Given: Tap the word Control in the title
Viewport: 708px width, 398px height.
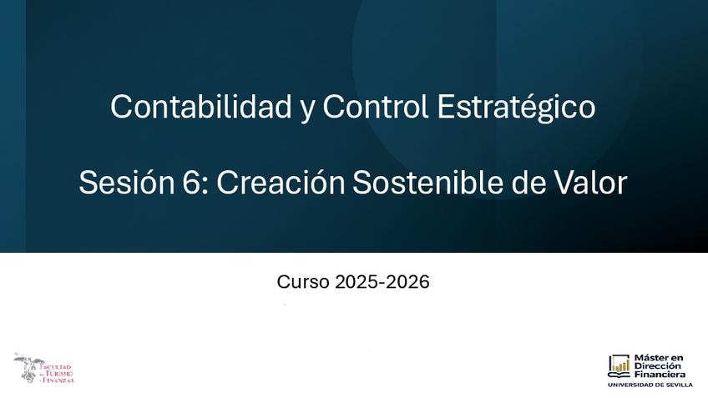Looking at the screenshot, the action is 375,107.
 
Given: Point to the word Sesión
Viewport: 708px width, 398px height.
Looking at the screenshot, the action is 126,182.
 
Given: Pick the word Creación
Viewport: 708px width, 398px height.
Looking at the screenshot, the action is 281,182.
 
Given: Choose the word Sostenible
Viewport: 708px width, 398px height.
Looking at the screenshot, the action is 427,182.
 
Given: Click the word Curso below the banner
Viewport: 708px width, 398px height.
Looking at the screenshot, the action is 303,282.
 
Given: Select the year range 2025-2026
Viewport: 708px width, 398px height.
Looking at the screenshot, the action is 382,282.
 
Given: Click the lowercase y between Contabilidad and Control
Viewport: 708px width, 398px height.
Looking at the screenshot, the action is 307,110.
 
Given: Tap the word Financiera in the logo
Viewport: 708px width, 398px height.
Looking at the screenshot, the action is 660,374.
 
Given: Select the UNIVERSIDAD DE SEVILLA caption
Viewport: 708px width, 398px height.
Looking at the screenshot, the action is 650,385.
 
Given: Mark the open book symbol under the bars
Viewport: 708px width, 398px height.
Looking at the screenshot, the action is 619,374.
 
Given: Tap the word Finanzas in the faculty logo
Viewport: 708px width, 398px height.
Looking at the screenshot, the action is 58,380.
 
